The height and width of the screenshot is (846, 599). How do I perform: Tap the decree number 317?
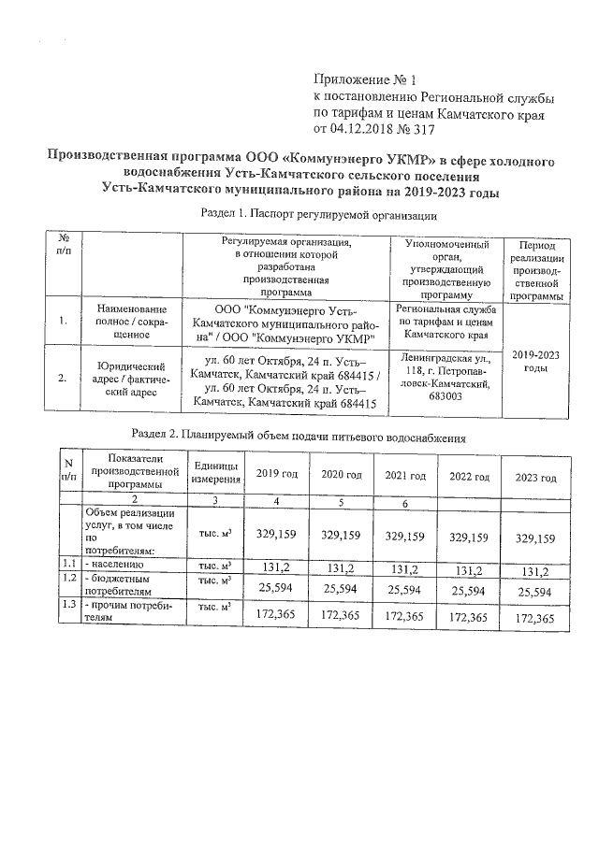[425, 129]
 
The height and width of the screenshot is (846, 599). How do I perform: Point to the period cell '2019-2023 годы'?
[536, 361]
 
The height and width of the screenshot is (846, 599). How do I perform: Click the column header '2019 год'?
[276, 475]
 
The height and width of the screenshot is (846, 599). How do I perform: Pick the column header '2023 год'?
[535, 478]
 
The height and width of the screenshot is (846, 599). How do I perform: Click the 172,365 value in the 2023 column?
[535, 619]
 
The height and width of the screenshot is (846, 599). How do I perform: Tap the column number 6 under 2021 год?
[404, 504]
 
